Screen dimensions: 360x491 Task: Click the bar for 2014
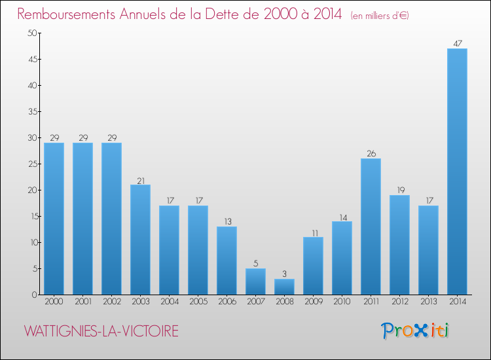457,171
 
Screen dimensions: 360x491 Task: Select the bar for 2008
284,287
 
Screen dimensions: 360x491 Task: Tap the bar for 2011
371,226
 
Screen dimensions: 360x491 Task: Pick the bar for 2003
140,240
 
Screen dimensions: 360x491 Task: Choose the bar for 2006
227,261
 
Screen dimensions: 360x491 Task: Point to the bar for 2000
54,219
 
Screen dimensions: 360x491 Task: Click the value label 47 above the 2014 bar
457,44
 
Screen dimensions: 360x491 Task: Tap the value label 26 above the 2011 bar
371,154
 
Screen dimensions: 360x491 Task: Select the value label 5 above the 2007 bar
255,264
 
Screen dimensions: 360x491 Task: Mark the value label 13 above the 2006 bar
227,222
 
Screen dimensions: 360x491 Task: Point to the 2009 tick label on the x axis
313,302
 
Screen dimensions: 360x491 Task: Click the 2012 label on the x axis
399,302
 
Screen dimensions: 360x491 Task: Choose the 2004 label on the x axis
169,302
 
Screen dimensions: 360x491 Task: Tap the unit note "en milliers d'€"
380,15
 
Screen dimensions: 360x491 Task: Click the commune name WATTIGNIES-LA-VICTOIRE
101,331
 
